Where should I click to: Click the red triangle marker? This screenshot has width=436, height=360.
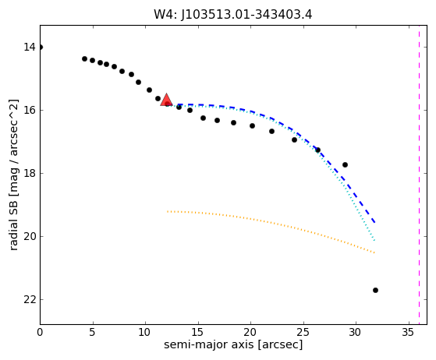tap(166, 100)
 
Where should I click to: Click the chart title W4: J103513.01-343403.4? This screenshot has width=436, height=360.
tap(233, 15)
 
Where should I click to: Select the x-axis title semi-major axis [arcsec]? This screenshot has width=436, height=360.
tap(233, 344)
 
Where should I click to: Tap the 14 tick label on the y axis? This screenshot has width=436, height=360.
tap(30, 47)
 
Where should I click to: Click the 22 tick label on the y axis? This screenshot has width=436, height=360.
tap(30, 299)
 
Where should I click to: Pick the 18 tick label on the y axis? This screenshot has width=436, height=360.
tap(30, 173)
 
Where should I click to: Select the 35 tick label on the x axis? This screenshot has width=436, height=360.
tap(409, 332)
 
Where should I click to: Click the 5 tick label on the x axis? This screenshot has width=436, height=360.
tap(93, 332)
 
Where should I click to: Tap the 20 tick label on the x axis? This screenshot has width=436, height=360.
tap(251, 332)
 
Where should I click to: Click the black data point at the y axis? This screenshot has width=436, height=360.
tap(41, 48)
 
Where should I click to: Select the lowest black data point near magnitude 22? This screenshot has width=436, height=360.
tap(375, 291)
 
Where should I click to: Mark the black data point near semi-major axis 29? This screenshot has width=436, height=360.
tap(345, 164)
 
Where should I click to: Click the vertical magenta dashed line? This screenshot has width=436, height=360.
tap(419, 175)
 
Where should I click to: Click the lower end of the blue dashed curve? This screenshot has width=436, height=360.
tap(375, 222)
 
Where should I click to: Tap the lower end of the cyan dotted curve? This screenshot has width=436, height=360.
tap(375, 240)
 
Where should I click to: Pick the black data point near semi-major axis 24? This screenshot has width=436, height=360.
tap(295, 139)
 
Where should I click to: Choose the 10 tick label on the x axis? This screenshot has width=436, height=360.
tap(145, 332)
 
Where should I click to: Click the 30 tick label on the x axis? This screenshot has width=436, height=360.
tap(356, 332)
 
